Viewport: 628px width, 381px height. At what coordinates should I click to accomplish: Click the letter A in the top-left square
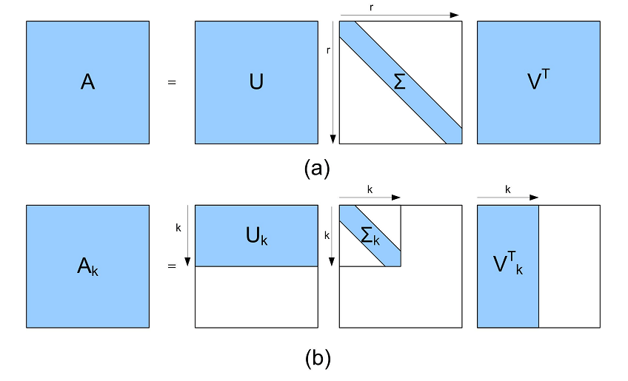87,82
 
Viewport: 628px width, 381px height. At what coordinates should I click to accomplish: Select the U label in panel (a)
255,82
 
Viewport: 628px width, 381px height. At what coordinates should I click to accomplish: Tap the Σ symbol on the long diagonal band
400,82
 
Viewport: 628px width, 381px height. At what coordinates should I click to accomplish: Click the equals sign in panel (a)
172,83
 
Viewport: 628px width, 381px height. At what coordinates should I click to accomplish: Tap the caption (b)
317,359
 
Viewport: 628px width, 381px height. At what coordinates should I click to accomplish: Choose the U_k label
257,237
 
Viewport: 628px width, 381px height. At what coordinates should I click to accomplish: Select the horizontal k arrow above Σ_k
370,198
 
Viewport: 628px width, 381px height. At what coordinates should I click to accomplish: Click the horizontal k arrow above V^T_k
507,198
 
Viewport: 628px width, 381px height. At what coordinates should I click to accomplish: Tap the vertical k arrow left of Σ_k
333,235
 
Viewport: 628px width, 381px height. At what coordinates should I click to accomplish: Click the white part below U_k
255,296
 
